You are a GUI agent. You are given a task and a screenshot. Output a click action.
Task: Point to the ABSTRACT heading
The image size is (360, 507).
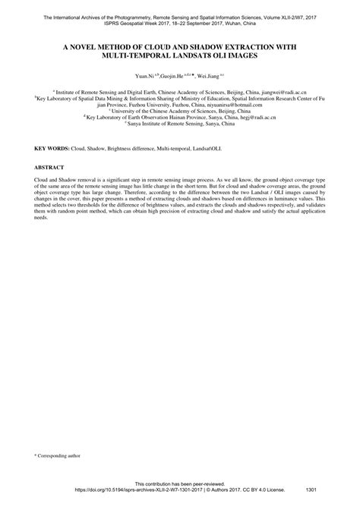point(49,166)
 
